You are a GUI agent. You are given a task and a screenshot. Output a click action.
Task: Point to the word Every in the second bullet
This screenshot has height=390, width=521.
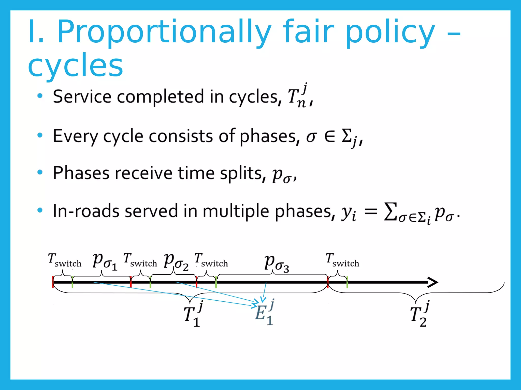[x=75, y=136]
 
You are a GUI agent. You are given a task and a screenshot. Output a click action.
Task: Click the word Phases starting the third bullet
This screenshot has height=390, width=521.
[x=81, y=173]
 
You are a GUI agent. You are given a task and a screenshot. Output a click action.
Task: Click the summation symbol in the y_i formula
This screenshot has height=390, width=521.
[x=390, y=211]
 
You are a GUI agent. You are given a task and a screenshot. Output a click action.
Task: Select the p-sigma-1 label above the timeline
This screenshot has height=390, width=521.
[x=105, y=262]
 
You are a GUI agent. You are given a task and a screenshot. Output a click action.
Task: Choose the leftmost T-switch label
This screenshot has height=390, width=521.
[x=65, y=260]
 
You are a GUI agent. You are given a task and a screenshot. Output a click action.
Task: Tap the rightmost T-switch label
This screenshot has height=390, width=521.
[x=342, y=260]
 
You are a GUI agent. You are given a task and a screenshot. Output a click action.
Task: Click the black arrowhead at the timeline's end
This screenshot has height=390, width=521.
[x=432, y=282]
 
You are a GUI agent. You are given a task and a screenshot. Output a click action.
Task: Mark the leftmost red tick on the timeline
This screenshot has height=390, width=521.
[x=53, y=282]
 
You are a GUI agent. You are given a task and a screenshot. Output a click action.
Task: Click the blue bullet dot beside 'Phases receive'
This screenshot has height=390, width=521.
[x=40, y=172]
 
